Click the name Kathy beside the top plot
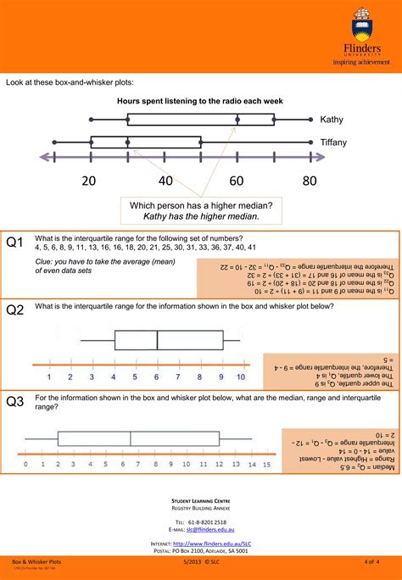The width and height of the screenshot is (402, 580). coord(332,120)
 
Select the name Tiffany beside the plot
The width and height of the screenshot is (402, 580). coord(334,142)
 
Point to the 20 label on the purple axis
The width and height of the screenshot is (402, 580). coord(91,180)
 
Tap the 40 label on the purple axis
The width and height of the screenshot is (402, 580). coord(165,180)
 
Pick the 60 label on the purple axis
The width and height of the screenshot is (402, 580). coord(237,180)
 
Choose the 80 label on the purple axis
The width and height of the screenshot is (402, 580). coord(309,180)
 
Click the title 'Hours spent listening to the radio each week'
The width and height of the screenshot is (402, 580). coord(200,100)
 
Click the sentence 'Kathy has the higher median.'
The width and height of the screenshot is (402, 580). coord(201,217)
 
